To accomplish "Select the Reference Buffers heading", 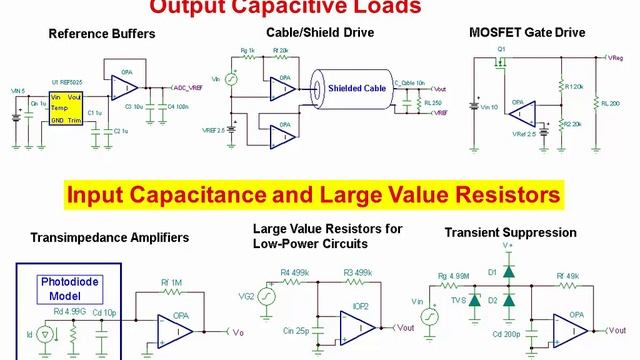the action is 102,34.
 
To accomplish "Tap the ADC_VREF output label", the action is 189,88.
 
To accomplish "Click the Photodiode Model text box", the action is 68,287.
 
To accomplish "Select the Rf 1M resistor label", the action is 173,283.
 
